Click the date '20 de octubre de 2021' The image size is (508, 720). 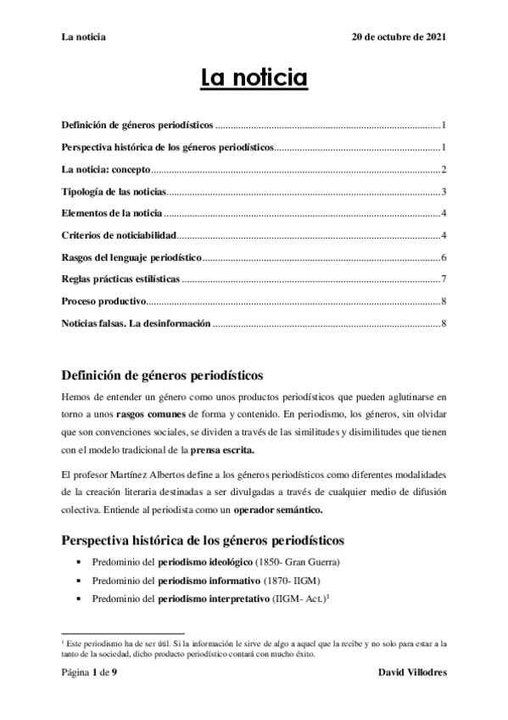399,38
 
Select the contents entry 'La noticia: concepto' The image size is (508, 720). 105,169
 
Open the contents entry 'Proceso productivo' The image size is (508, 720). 104,301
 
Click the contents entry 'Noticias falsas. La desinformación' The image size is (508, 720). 137,323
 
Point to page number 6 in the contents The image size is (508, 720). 444,256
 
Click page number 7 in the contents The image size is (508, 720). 444,278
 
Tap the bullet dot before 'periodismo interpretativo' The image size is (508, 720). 79,599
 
